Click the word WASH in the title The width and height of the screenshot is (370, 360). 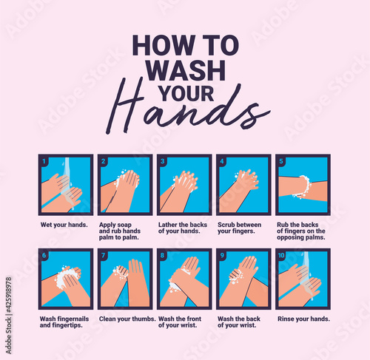pos(186,70)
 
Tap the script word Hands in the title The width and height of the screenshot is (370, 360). pos(187,109)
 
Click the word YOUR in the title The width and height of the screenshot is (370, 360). pos(186,94)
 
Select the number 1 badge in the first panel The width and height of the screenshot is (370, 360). pos(44,161)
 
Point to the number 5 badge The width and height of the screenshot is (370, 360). pos(281,161)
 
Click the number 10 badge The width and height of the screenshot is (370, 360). pos(281,256)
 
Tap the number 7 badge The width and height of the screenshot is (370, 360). pos(104,256)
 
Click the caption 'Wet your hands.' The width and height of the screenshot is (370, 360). pos(64,225)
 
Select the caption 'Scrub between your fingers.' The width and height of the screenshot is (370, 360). pos(239,228)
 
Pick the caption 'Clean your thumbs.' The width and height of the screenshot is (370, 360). pos(127,319)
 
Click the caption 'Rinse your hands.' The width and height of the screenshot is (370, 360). pos(303,319)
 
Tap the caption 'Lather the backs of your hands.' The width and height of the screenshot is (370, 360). pos(183,228)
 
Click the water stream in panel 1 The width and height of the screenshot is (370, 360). pos(67,183)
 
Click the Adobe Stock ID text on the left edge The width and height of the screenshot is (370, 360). pos(9,316)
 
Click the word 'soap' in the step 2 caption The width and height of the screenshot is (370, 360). pos(125,225)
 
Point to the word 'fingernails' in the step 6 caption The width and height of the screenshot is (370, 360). pos(73,319)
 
